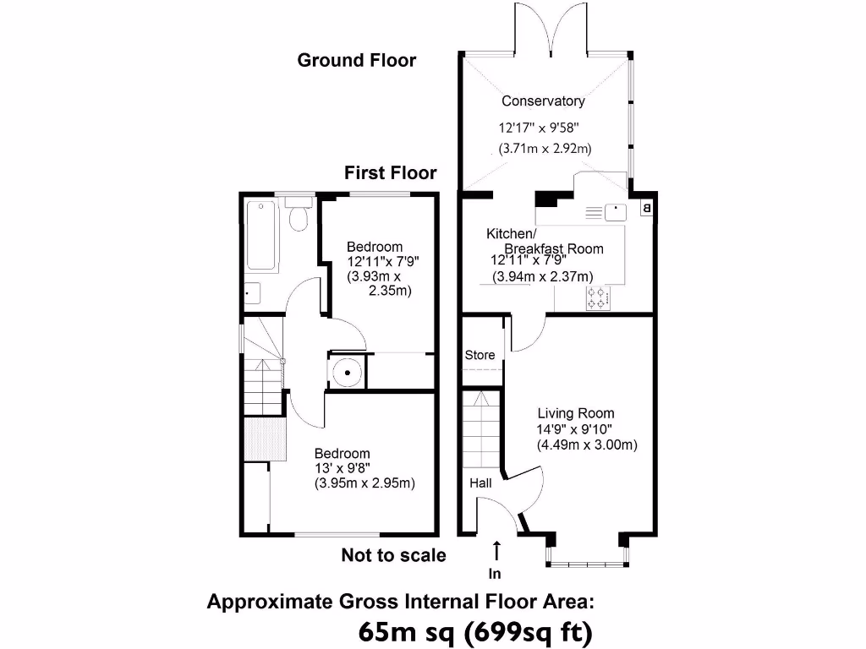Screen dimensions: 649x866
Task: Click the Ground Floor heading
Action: click(356, 61)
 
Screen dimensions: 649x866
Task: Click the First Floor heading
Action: click(390, 173)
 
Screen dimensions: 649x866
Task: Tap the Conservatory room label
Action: click(543, 101)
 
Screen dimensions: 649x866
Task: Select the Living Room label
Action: click(575, 414)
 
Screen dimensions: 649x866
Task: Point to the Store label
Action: click(480, 356)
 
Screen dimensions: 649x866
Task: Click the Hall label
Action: click(480, 483)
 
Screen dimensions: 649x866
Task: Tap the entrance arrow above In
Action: click(496, 550)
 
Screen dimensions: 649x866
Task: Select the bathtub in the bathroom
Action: click(261, 235)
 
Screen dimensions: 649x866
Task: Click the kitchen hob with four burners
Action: click(597, 297)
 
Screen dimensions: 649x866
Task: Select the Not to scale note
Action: click(393, 555)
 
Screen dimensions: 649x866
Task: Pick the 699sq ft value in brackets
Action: click(530, 631)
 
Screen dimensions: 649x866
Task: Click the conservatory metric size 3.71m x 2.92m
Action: click(545, 149)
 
